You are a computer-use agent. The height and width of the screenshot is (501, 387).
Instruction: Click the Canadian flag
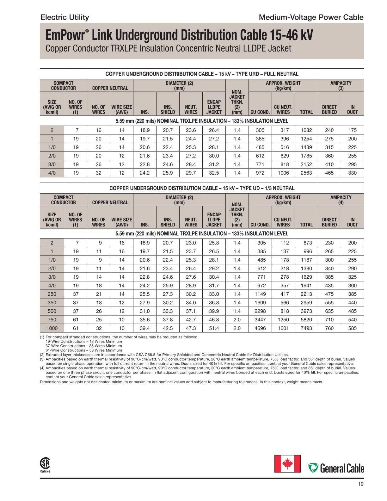tap(287, 464)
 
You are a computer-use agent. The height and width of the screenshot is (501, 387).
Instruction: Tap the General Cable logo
tap(336, 468)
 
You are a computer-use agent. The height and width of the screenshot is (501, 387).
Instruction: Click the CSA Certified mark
tap(45, 465)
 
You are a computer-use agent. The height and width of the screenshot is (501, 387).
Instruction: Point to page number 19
tap(361, 484)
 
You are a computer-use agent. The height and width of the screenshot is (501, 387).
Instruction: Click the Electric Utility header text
tap(65, 17)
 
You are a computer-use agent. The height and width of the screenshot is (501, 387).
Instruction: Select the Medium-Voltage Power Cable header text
tap(311, 17)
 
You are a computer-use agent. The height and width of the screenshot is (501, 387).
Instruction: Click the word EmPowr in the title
tap(65, 35)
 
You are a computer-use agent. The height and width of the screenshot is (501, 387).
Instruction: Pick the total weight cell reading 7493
tap(306, 328)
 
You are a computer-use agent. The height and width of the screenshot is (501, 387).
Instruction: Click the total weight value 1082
tap(306, 130)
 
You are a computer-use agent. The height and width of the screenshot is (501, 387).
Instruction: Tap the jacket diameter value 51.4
tap(214, 328)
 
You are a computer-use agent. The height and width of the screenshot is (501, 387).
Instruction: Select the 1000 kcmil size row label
tap(52, 328)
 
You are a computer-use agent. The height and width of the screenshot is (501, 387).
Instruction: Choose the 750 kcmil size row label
tap(52, 320)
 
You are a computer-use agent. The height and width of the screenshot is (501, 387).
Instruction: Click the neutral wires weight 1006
tap(283, 173)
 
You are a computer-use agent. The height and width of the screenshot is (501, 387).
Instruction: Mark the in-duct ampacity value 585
tap(352, 328)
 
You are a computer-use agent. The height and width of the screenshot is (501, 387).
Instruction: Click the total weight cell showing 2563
tap(306, 173)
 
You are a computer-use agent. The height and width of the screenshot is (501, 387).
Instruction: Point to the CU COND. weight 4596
tap(260, 328)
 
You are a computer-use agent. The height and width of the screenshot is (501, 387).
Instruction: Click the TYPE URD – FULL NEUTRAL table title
tap(202, 74)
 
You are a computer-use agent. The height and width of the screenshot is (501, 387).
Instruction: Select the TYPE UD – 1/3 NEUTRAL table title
tap(202, 188)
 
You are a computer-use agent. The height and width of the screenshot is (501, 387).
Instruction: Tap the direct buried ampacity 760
tap(329, 328)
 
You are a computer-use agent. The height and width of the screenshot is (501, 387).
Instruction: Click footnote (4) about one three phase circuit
tap(199, 372)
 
